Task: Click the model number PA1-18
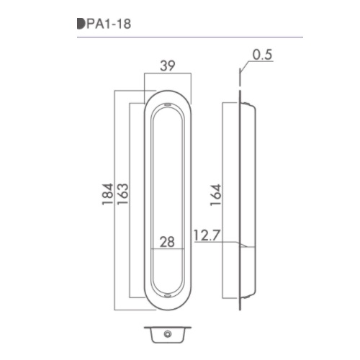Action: click(x=109, y=24)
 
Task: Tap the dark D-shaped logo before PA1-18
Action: click(x=81, y=24)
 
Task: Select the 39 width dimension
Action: click(x=168, y=66)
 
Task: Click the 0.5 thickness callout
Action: click(x=262, y=55)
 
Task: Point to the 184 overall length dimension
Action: click(x=107, y=194)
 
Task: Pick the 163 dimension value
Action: click(x=122, y=194)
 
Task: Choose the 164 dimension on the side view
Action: click(x=215, y=195)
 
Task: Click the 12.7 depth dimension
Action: click(x=207, y=235)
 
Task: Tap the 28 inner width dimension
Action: click(x=167, y=242)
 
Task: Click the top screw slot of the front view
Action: click(x=168, y=104)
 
